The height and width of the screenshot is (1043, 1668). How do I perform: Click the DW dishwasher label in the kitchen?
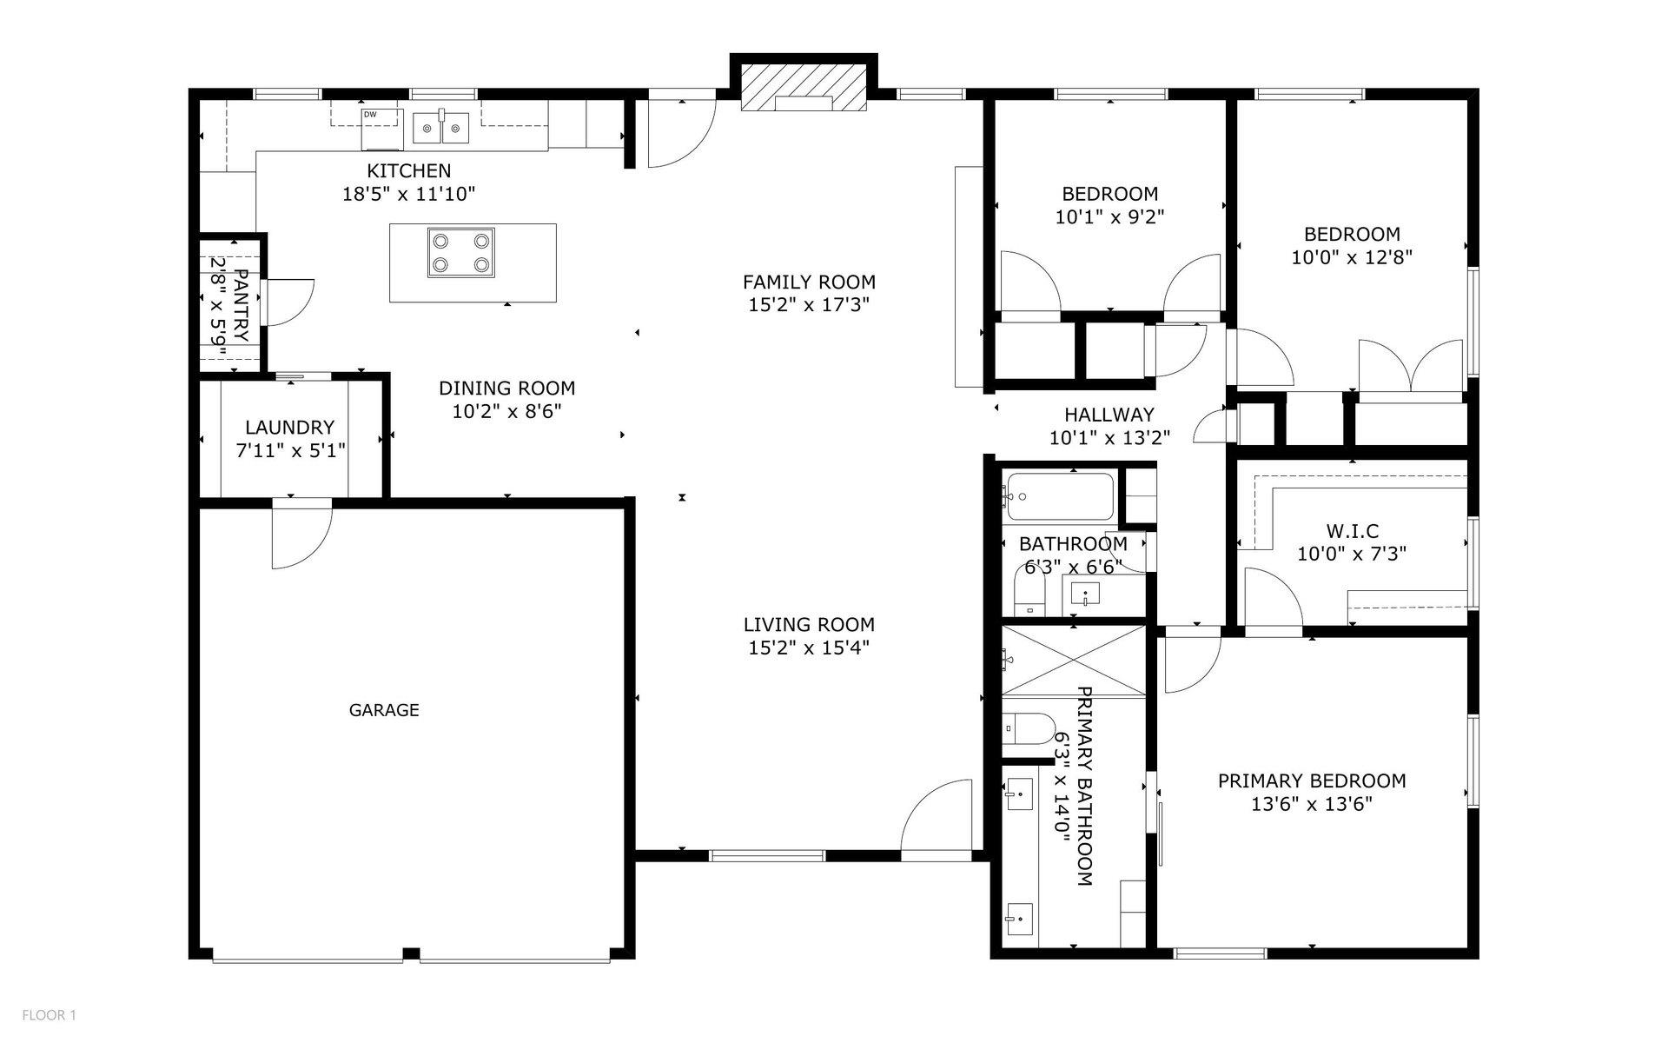pos(370,115)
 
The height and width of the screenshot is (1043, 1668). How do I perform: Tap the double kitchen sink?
pos(440,129)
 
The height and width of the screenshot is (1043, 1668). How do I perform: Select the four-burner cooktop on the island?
pos(460,252)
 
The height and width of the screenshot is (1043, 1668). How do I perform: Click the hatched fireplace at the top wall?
pos(804,90)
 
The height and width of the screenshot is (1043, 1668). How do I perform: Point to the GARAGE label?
pos(384,710)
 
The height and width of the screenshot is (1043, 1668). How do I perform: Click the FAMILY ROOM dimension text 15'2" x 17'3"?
pos(809,305)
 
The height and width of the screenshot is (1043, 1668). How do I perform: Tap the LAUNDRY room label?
pos(289,428)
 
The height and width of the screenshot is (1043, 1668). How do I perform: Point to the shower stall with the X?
pos(1074,660)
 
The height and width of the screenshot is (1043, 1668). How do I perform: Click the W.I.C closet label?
pos(1352,531)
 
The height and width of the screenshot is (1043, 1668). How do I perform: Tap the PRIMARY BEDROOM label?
pos(1311,781)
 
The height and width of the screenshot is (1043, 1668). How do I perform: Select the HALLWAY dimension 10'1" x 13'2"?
pos(1109,438)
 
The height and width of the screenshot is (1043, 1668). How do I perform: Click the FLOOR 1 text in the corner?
pos(50,1015)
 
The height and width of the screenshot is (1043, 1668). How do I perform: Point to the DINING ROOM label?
pos(506,389)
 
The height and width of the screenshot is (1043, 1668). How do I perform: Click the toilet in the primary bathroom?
pos(1025,727)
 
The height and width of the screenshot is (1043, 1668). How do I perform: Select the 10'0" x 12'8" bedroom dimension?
pos(1352,257)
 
